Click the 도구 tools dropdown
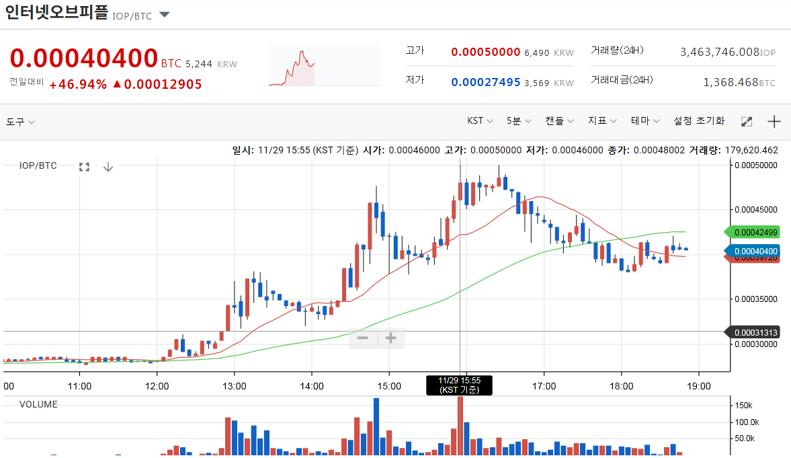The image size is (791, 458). pyautogui.click(x=20, y=122)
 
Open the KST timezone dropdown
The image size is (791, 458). pyautogui.click(x=480, y=121)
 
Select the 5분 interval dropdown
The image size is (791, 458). pyautogui.click(x=519, y=121)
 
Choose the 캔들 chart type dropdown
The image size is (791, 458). pyautogui.click(x=559, y=121)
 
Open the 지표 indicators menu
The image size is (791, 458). pyautogui.click(x=602, y=121)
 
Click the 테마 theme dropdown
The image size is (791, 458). pyautogui.click(x=645, y=121)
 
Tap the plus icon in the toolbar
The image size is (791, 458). pyautogui.click(x=774, y=122)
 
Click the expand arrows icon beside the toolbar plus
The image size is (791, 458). pyautogui.click(x=746, y=122)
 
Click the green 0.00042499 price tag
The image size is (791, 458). pyautogui.click(x=755, y=233)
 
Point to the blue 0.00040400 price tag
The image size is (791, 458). pyautogui.click(x=755, y=251)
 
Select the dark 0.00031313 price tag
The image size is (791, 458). pyautogui.click(x=755, y=332)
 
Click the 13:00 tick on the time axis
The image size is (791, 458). pyautogui.click(x=234, y=387)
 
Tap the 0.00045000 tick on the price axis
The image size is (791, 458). pyautogui.click(x=756, y=209)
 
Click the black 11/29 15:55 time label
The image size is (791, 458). pyautogui.click(x=460, y=385)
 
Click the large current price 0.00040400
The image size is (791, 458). pyautogui.click(x=84, y=59)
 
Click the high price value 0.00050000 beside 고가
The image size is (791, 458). pyautogui.click(x=486, y=52)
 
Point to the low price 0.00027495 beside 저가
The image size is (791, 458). pyautogui.click(x=486, y=82)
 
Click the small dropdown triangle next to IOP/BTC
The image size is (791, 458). pyautogui.click(x=164, y=15)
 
